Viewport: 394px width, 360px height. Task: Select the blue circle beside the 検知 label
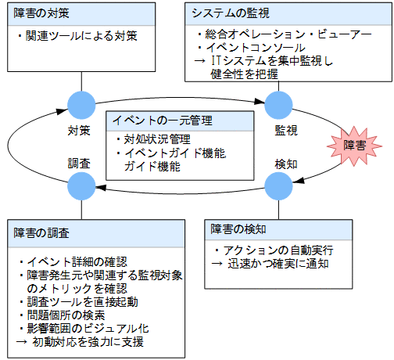tap(278, 185)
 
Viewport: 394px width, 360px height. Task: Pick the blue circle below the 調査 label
tap(81, 185)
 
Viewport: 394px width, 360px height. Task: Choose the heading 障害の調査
tap(41, 233)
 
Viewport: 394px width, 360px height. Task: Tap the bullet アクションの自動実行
tap(274, 250)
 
